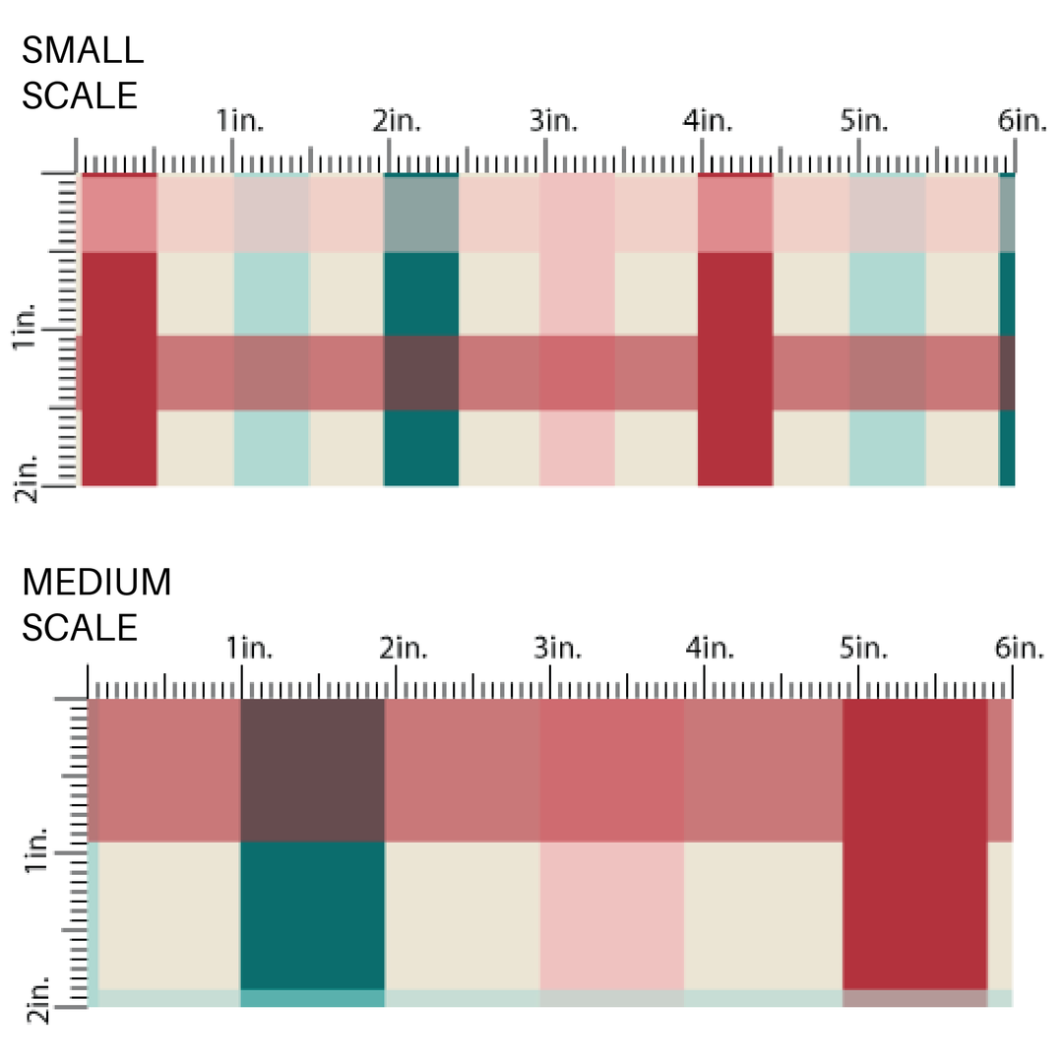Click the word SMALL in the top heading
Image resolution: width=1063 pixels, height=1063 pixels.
pyautogui.click(x=82, y=49)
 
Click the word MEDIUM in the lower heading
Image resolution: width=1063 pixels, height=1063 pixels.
pyautogui.click(x=96, y=583)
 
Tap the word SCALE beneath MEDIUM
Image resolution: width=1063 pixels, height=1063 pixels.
pyautogui.click(x=80, y=628)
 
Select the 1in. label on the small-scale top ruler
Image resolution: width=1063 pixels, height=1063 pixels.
pyautogui.click(x=240, y=122)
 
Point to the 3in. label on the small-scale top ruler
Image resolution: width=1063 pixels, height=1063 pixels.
pyautogui.click(x=554, y=122)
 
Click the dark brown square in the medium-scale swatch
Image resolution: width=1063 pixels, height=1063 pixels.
pyautogui.click(x=312, y=770)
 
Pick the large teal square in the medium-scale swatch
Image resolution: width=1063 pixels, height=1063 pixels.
pyautogui.click(x=312, y=915)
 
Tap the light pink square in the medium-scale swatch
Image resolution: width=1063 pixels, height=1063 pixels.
pyautogui.click(x=611, y=915)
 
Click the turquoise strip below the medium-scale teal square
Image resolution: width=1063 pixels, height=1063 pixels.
pyautogui.click(x=312, y=998)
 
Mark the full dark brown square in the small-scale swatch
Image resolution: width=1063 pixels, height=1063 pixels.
pyautogui.click(x=421, y=372)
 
